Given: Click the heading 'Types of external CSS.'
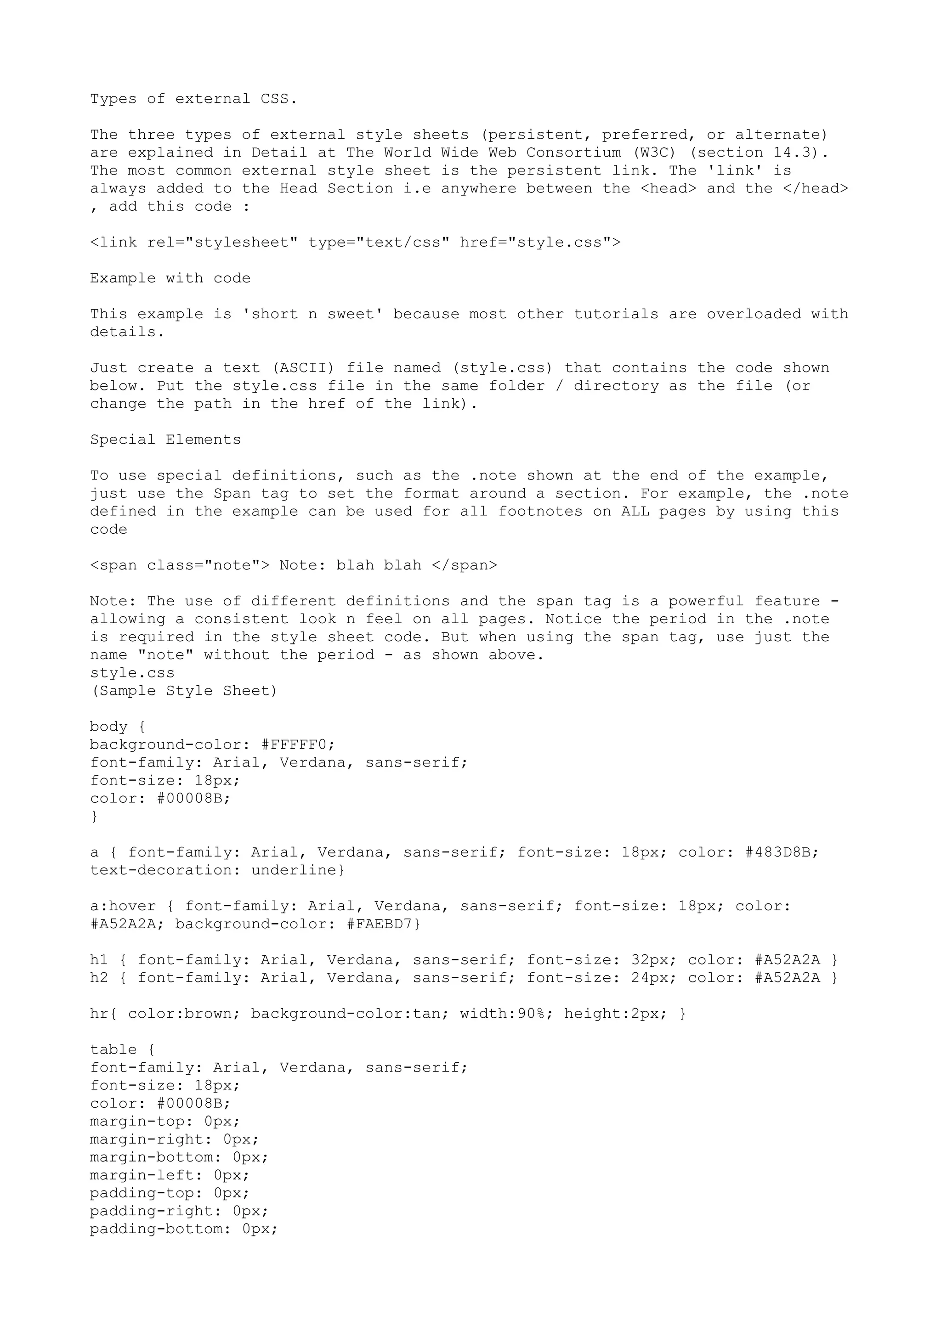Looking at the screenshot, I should [193, 99].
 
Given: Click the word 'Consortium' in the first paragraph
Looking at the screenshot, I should [573, 152].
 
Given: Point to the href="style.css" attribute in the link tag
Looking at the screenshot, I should [540, 243].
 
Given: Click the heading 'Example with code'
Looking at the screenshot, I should [170, 278].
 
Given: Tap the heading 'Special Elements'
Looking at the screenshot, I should [165, 440].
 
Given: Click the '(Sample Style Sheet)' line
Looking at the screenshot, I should [184, 691].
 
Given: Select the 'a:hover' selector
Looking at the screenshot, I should [123, 907].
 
